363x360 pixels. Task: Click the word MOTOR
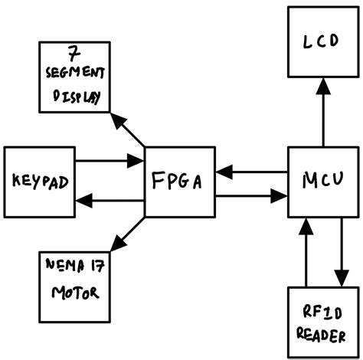point(74,293)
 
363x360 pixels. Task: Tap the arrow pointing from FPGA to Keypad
point(111,201)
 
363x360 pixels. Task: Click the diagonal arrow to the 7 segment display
point(127,129)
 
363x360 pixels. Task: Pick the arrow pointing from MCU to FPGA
point(252,171)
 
